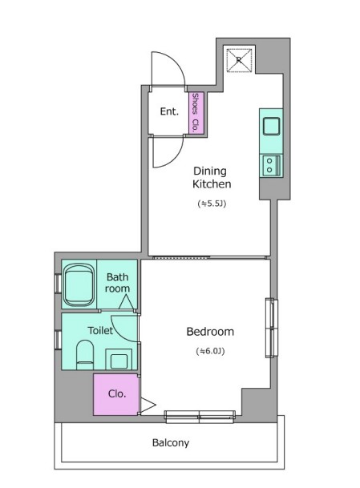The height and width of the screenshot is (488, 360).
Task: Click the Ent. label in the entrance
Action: tap(169, 111)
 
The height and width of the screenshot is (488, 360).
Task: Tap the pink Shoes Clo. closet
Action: tap(196, 113)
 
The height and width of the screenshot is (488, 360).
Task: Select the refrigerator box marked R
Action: tap(239, 60)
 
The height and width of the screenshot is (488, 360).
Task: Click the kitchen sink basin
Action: tap(271, 126)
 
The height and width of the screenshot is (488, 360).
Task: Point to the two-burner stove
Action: tap(272, 166)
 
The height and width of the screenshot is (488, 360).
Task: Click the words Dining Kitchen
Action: tap(212, 177)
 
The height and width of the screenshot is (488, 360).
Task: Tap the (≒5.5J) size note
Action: tap(212, 204)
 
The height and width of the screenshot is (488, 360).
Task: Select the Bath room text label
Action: tap(117, 283)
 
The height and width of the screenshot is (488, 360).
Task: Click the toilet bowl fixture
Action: tap(85, 355)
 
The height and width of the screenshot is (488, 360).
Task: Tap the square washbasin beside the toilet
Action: tap(119, 359)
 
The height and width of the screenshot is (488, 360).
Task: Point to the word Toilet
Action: tap(100, 330)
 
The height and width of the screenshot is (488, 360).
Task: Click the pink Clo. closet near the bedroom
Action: tap(115, 394)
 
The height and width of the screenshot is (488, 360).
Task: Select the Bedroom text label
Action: tap(210, 332)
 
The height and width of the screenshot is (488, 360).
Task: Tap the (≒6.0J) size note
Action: tap(211, 351)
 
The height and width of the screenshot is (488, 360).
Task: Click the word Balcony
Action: tap(171, 443)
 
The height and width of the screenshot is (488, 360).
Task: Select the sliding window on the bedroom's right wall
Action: tap(272, 328)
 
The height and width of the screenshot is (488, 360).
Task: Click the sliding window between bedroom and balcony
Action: tap(200, 417)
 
